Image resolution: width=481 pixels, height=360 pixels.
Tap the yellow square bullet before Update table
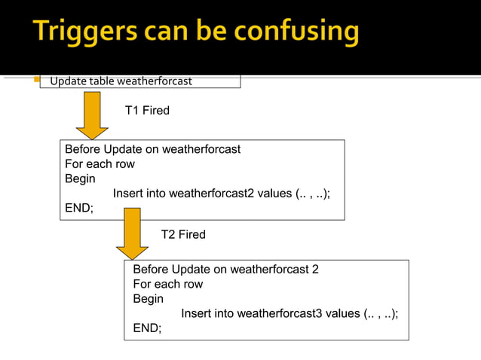36,81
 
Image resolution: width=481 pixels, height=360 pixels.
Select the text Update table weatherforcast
121,81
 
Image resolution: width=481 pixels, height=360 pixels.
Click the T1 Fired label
147,111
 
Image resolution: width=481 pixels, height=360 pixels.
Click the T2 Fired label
183,235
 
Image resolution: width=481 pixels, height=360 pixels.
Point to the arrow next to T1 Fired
92,115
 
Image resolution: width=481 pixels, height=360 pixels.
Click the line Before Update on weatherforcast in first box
152,149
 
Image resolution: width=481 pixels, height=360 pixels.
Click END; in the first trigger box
79,209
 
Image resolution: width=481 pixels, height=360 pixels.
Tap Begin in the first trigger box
80,178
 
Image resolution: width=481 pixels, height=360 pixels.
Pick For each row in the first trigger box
100,163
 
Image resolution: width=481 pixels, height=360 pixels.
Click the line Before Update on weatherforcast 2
225,269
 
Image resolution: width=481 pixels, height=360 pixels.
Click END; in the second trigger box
147,328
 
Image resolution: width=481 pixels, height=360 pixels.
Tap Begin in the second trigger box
148,299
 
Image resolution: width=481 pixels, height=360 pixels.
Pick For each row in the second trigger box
167,284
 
